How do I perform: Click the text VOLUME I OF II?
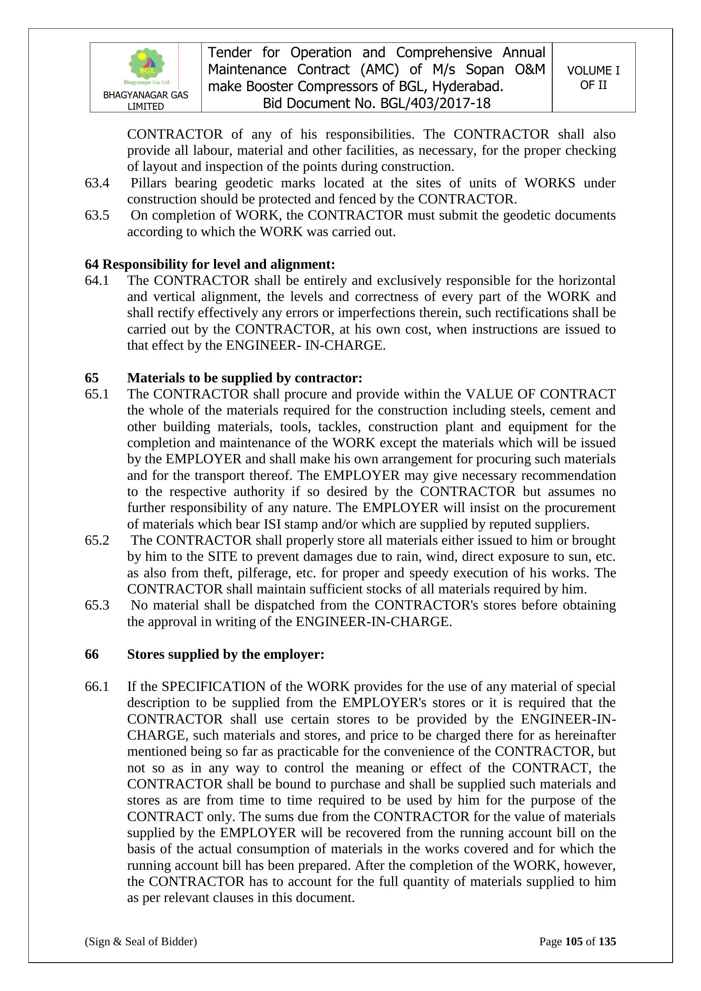click(x=593, y=78)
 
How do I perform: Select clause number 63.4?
click(x=97, y=183)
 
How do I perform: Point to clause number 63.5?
click(x=97, y=215)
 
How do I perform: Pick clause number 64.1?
click(x=97, y=281)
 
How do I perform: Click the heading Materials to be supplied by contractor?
click(x=244, y=378)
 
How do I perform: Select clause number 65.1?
click(x=97, y=394)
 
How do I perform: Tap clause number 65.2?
click(x=97, y=540)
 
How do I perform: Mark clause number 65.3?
click(x=97, y=605)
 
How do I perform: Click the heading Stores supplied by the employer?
click(x=225, y=654)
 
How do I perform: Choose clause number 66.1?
click(x=97, y=687)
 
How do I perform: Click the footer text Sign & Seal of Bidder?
click(x=141, y=941)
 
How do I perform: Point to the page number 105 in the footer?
click(x=574, y=941)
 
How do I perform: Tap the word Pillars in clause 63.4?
click(x=148, y=183)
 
